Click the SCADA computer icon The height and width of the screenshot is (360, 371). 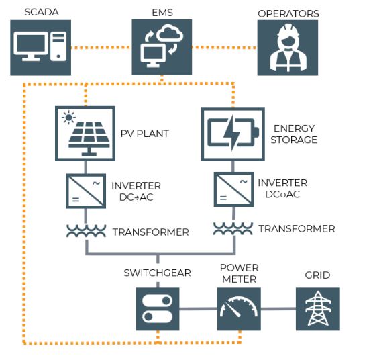click(x=40, y=48)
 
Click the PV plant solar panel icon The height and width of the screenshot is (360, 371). click(x=85, y=132)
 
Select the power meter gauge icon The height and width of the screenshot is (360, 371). click(x=239, y=309)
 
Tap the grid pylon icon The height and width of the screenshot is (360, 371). click(x=317, y=309)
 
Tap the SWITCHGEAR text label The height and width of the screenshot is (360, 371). click(x=157, y=273)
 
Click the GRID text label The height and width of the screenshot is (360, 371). click(x=317, y=275)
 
